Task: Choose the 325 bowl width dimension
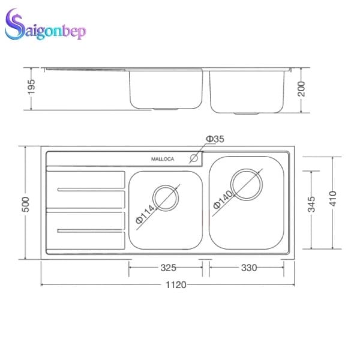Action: [x=168, y=268]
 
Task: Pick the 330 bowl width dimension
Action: [x=248, y=268]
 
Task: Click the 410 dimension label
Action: [x=333, y=198]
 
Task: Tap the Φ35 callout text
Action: [x=214, y=139]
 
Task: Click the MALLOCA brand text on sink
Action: [x=163, y=160]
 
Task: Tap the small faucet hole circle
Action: [x=194, y=159]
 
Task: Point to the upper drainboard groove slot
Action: [x=84, y=191]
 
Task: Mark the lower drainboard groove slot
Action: [x=84, y=230]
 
